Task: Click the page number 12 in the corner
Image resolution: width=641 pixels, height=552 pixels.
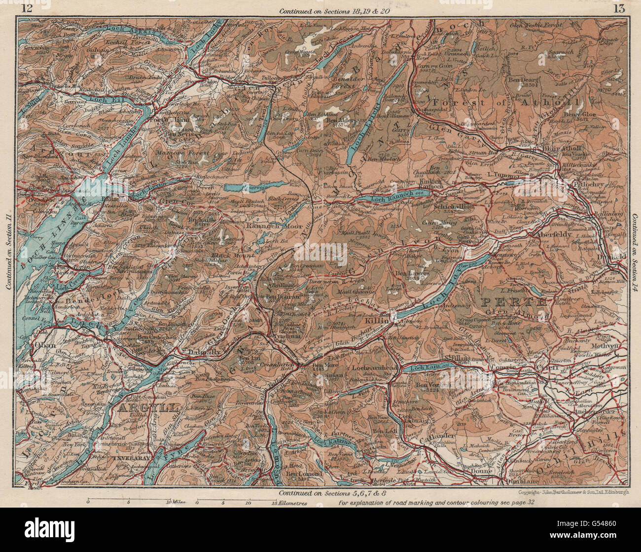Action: [x=28, y=7]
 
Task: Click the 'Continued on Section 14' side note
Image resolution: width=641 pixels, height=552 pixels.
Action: [x=636, y=255]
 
